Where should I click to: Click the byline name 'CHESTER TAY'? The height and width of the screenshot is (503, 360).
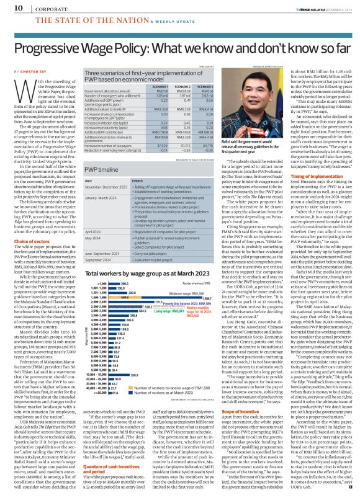tap(28, 71)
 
